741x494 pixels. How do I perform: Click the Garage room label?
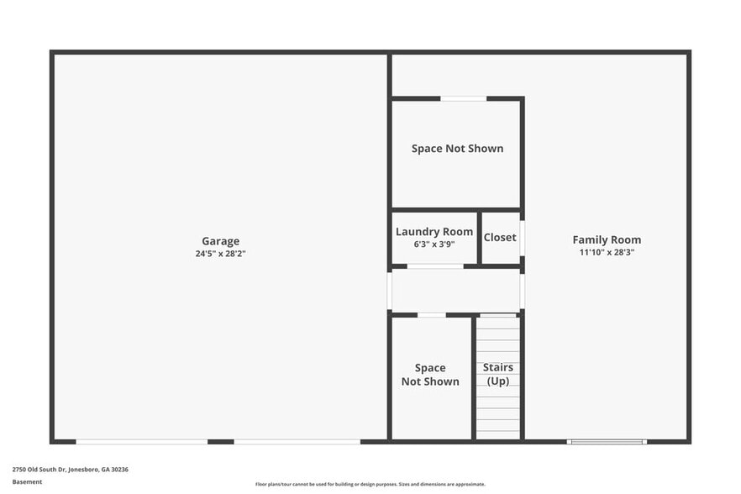point(220,241)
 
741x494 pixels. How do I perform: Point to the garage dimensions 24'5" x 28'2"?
point(220,253)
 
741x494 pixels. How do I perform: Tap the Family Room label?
point(607,239)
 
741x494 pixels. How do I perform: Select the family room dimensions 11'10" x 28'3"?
point(607,251)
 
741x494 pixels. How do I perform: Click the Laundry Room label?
point(434,232)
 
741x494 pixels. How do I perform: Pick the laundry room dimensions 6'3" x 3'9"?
point(434,244)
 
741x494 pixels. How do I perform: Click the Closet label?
point(500,238)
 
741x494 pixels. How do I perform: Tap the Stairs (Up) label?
point(498,374)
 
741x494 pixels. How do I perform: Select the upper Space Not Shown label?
point(457,149)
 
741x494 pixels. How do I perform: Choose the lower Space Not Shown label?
point(430,375)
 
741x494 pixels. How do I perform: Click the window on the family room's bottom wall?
point(606,441)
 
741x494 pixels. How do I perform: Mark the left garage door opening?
point(141,441)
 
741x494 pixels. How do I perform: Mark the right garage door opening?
point(297,441)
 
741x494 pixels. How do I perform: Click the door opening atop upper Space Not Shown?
point(463,98)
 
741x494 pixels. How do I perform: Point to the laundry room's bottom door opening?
point(435,266)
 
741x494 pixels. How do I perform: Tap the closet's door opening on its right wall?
point(522,238)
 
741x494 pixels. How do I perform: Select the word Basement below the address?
point(27,482)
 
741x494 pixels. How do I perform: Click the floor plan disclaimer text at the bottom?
point(370,484)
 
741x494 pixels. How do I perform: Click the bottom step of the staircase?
point(498,434)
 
